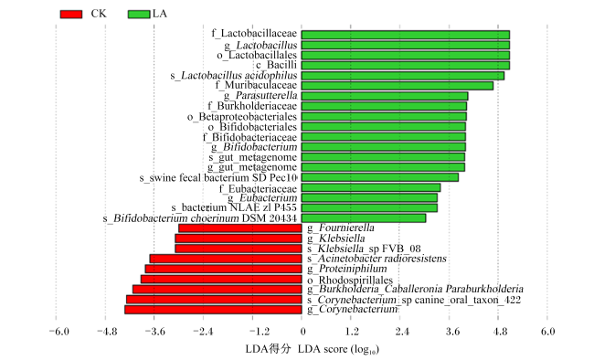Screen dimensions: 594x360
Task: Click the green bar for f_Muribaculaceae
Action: point(398,86)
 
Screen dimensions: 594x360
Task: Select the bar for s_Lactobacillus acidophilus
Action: point(403,76)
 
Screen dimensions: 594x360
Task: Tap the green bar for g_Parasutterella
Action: point(385,96)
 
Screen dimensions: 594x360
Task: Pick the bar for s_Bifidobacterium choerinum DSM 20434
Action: point(364,218)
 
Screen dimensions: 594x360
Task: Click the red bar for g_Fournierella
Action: point(240,228)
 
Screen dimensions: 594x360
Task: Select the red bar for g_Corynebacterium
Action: point(213,310)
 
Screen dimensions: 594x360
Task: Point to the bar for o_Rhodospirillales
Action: point(221,280)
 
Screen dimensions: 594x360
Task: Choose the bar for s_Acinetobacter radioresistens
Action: point(226,259)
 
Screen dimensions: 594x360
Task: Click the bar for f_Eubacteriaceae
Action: point(371,187)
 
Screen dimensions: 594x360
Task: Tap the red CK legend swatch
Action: point(71,15)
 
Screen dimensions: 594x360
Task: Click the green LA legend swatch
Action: point(139,15)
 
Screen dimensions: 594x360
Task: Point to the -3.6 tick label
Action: point(154,332)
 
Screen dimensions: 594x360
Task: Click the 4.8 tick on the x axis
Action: point(500,332)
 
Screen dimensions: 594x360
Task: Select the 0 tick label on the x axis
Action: point(302,332)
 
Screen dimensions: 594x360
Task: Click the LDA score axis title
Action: point(313,349)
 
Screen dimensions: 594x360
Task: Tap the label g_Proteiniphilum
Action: point(347,269)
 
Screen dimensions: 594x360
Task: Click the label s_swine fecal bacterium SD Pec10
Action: point(218,178)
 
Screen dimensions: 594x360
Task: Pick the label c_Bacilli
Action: point(276,65)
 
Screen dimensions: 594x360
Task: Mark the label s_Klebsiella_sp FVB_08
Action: point(364,249)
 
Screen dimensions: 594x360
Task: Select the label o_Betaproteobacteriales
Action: point(242,117)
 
